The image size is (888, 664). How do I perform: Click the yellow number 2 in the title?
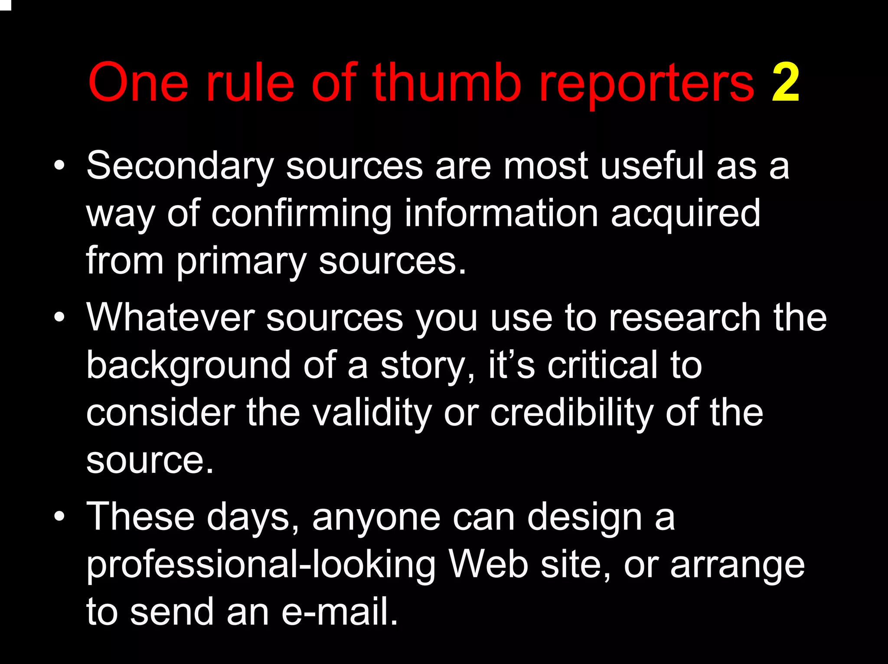pyautogui.click(x=785, y=82)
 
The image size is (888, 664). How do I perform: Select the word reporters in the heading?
pyautogui.click(x=646, y=85)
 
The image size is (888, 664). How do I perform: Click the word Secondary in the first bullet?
pyautogui.click(x=180, y=167)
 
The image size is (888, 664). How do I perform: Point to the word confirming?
pyautogui.click(x=301, y=214)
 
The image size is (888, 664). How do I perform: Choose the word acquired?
pyautogui.click(x=685, y=214)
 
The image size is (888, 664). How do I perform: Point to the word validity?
pyautogui.click(x=372, y=414)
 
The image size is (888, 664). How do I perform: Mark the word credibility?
pyautogui.click(x=571, y=414)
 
